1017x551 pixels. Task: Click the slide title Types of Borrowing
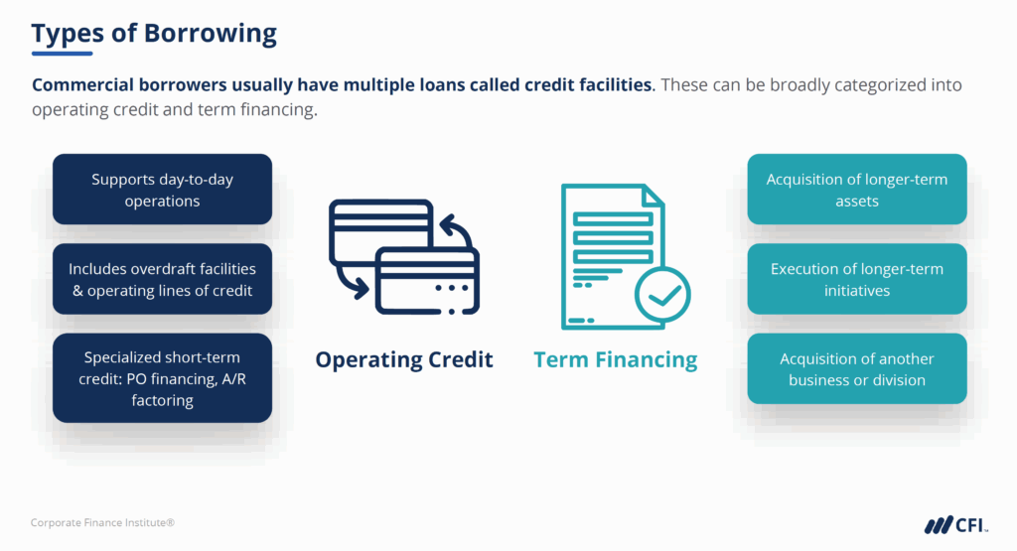pyautogui.click(x=154, y=33)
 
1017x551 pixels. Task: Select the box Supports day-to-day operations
pyautogui.click(x=162, y=189)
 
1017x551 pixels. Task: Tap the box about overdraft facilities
pyautogui.click(x=162, y=279)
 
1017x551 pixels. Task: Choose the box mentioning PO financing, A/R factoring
pyautogui.click(x=162, y=378)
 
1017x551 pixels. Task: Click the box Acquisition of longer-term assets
pyautogui.click(x=856, y=189)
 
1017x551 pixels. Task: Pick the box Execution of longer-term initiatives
pyautogui.click(x=856, y=279)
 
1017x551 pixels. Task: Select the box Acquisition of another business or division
pyautogui.click(x=856, y=368)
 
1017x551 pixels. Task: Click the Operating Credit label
pyautogui.click(x=404, y=359)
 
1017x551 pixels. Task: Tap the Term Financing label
pyautogui.click(x=616, y=359)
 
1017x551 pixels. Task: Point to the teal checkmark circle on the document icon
pyautogui.click(x=662, y=295)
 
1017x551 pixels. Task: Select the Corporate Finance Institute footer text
pyautogui.click(x=102, y=522)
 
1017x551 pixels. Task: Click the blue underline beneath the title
pyautogui.click(x=62, y=54)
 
